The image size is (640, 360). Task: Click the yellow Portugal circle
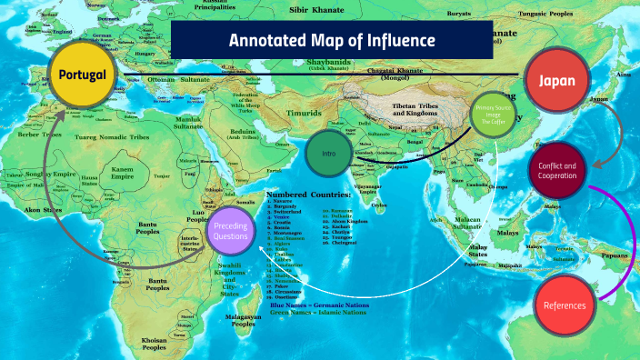click(x=84, y=74)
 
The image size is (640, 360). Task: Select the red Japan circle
click(x=555, y=81)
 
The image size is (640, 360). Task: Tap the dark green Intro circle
click(x=328, y=153)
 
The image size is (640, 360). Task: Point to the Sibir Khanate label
click(x=313, y=11)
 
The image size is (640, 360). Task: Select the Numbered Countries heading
click(x=308, y=195)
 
